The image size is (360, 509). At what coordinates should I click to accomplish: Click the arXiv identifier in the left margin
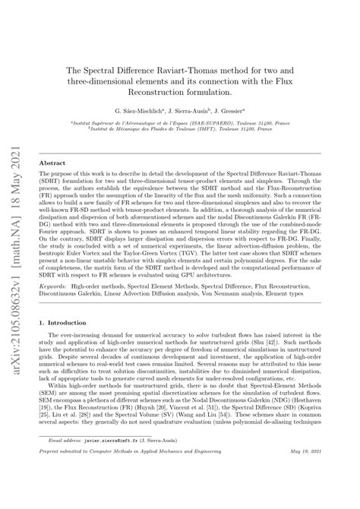tap(13, 251)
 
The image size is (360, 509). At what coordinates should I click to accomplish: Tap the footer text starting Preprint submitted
tap(129, 494)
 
